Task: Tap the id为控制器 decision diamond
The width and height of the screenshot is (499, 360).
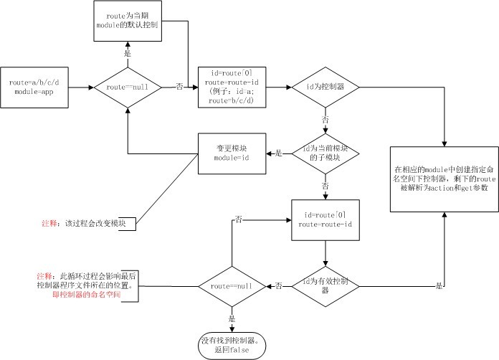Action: click(x=325, y=87)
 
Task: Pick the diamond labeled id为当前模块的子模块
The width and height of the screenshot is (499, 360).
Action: click(x=325, y=152)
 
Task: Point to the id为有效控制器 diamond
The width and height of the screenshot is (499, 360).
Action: click(x=325, y=285)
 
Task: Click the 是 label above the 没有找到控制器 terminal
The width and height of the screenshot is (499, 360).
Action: click(x=232, y=318)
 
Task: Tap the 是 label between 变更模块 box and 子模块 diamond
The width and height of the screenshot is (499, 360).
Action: click(x=279, y=153)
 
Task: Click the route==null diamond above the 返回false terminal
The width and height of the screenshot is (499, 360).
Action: click(x=231, y=285)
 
